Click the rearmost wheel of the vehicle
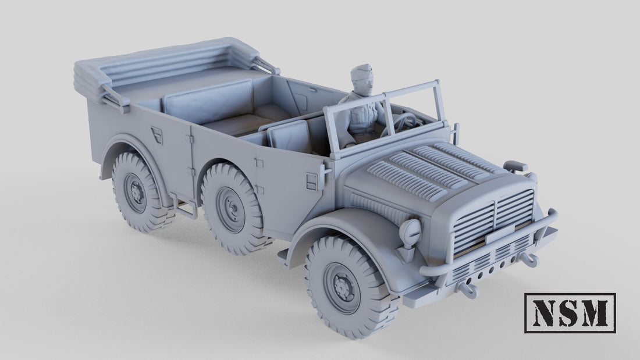pyautogui.click(x=137, y=191)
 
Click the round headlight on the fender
pyautogui.click(x=411, y=231)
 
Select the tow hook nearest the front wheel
pyautogui.click(x=468, y=288)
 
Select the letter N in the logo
pyautogui.click(x=545, y=313)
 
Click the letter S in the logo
pyautogui.click(x=570, y=313)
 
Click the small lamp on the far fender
pyautogui.click(x=515, y=166)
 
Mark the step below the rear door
pyautogui.click(x=185, y=208)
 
